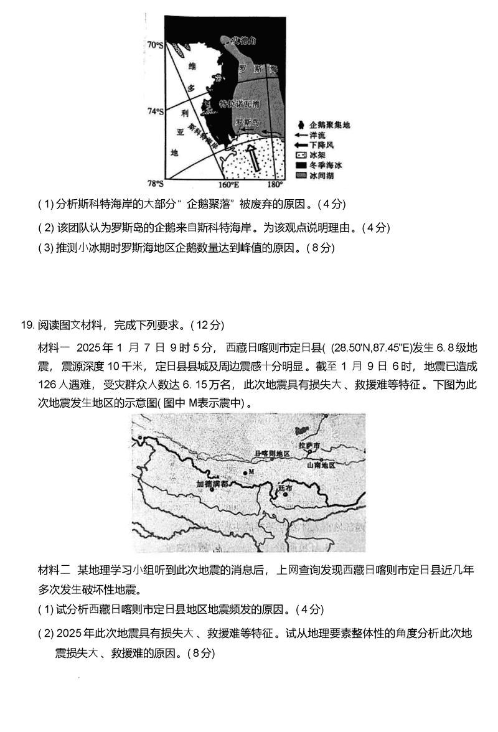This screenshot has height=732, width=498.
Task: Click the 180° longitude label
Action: coord(275,184)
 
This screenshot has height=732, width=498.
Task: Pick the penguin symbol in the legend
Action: coord(301,124)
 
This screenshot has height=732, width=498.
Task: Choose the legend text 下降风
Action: coord(321,144)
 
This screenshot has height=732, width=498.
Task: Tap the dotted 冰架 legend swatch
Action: coord(301,155)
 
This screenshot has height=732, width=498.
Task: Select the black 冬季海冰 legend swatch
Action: coord(301,166)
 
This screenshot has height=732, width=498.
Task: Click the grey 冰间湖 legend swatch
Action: coord(301,176)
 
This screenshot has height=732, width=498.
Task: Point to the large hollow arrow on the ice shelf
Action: coord(253,159)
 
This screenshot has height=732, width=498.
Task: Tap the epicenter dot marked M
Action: coord(245,473)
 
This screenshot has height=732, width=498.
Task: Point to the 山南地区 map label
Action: coord(321,465)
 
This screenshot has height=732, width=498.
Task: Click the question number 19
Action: coord(26,325)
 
